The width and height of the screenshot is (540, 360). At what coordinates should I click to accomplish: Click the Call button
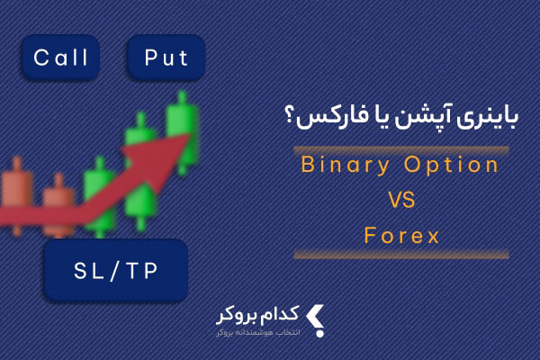pos(60,58)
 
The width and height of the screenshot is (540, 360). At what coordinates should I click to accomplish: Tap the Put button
pos(166,58)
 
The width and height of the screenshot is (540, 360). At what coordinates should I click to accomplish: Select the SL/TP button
pos(116,271)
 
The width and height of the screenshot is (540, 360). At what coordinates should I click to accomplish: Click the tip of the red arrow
pos(190,135)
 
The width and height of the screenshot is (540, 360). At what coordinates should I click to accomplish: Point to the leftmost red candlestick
pos(17,195)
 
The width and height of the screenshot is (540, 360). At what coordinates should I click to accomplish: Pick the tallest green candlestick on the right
pos(182,132)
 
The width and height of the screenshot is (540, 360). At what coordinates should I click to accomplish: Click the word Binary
pos(345,166)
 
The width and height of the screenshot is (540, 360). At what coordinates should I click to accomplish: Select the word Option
pos(451,165)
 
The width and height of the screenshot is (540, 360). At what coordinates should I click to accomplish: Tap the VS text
pos(401,200)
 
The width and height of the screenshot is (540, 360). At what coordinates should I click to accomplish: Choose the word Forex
pos(401,236)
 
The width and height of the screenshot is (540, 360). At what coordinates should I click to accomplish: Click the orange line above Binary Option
pos(401,150)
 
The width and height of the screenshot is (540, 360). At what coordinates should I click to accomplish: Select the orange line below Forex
pos(401,255)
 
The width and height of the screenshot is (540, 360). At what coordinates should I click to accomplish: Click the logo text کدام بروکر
pos(257,315)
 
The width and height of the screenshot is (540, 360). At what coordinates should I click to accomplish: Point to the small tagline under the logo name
pos(258,333)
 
